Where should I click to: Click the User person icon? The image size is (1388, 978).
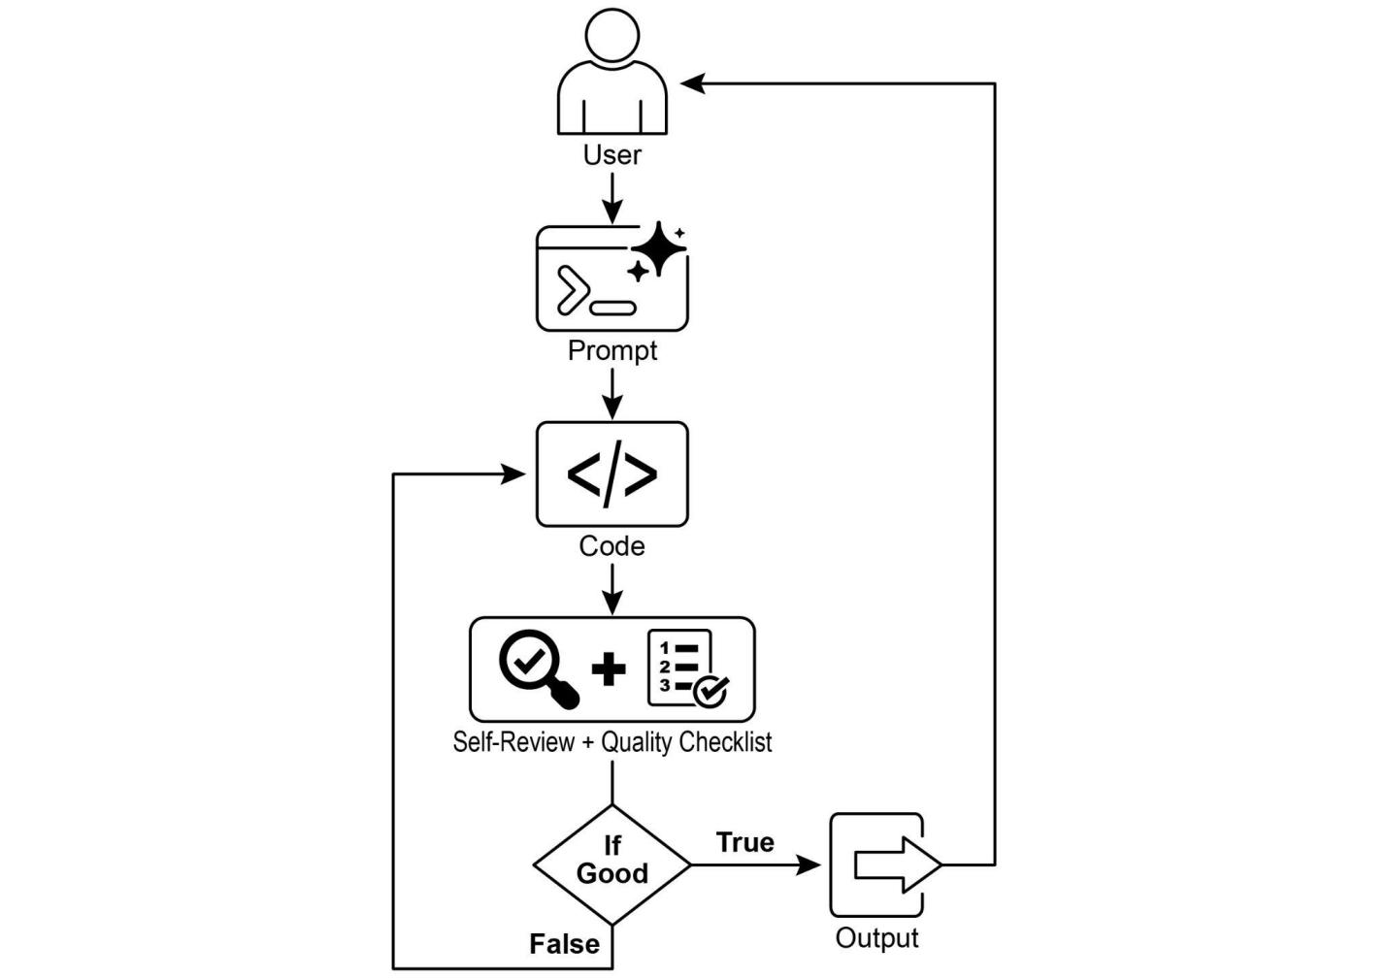(611, 73)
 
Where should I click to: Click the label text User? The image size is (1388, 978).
(611, 155)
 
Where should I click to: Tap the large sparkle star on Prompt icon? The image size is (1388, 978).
(659, 248)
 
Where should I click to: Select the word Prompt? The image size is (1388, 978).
(611, 350)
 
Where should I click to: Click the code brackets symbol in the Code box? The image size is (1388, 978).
(611, 474)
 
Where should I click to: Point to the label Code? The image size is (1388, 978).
(611, 546)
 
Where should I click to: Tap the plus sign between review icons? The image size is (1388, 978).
(609, 669)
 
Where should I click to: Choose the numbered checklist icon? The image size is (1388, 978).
(686, 668)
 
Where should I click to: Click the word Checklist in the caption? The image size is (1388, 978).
(725, 742)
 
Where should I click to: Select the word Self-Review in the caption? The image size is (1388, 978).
(513, 742)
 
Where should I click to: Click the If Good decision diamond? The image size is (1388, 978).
(611, 864)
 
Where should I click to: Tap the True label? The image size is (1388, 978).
(744, 842)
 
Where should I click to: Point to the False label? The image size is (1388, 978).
(564, 944)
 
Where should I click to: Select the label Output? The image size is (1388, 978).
(876, 938)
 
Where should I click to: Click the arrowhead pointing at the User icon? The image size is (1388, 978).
(692, 84)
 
